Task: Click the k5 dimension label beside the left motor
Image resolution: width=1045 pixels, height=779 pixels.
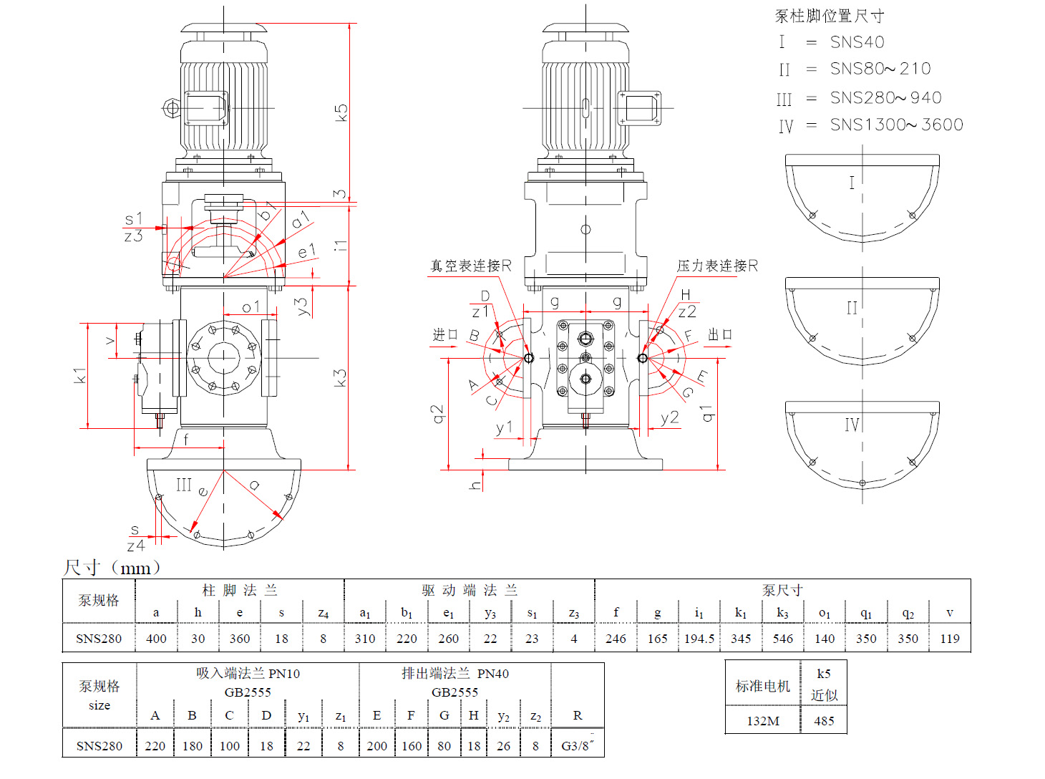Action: (x=341, y=112)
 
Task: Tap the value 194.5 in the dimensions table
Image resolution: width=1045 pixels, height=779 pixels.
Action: (x=699, y=639)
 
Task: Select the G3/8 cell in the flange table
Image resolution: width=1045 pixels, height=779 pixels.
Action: (x=576, y=746)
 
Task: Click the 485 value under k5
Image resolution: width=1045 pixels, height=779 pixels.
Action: (x=824, y=721)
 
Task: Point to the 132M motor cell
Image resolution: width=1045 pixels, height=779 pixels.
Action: (x=763, y=721)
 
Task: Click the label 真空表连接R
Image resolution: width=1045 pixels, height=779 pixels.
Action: (x=470, y=266)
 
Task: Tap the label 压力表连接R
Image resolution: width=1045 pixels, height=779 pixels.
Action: (x=716, y=266)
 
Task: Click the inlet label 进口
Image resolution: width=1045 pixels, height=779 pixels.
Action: (x=444, y=335)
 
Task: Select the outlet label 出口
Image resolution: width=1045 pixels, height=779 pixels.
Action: (x=719, y=335)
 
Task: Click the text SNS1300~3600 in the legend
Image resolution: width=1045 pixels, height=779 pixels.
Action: (x=896, y=125)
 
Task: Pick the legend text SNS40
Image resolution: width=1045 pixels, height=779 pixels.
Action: (x=857, y=43)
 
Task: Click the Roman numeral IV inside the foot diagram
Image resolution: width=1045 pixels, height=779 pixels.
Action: (x=851, y=425)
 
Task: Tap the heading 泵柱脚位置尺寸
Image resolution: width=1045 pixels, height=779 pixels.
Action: (x=830, y=16)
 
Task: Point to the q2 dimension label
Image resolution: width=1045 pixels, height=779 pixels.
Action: (x=437, y=414)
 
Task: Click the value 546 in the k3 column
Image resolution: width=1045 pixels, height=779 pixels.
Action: (x=782, y=639)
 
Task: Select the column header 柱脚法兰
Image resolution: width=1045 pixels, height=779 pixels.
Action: (x=239, y=591)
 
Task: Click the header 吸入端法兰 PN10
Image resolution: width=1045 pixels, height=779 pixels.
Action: (x=248, y=674)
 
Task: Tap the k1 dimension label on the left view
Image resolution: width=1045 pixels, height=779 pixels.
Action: (x=79, y=375)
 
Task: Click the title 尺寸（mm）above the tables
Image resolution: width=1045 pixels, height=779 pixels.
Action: (x=112, y=568)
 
